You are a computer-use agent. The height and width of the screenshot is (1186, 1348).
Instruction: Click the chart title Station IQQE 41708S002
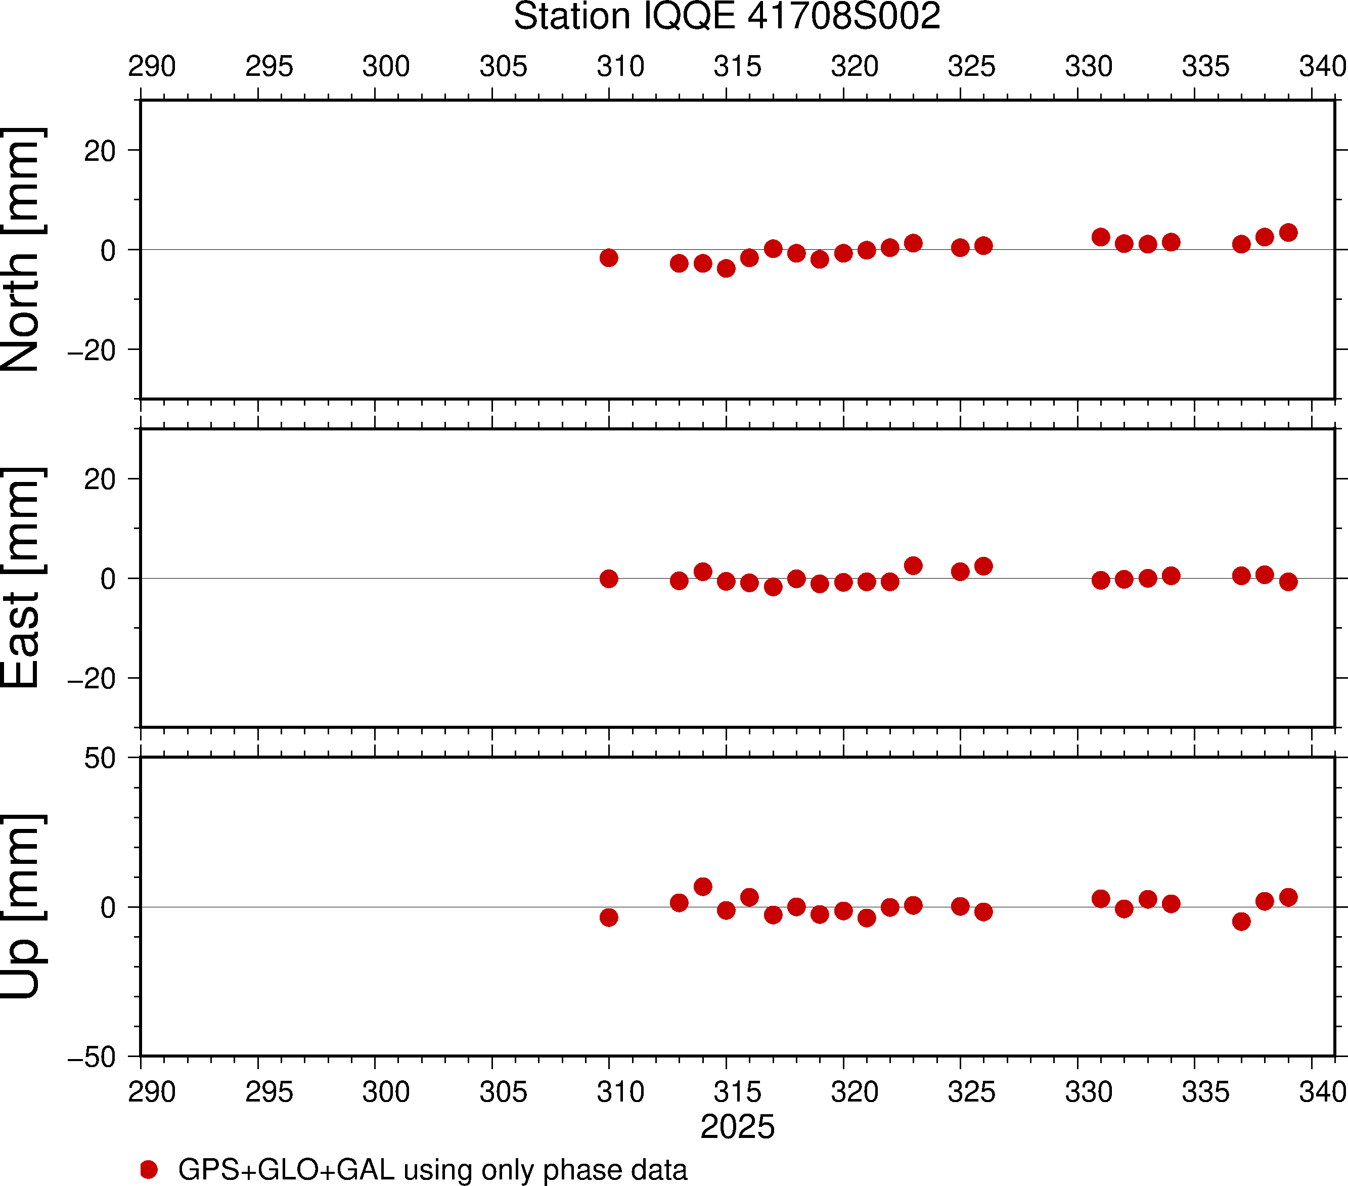(727, 17)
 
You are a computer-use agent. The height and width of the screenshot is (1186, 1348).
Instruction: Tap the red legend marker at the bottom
(149, 1169)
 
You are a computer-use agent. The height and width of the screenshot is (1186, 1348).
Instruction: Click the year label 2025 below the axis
(737, 1127)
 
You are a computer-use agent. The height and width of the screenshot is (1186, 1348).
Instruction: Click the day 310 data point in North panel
(609, 258)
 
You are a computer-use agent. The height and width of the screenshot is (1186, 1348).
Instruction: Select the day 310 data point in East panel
(609, 579)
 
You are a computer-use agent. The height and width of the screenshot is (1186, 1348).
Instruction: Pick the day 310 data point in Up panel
(609, 917)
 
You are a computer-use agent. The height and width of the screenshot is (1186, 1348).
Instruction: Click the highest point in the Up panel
(703, 887)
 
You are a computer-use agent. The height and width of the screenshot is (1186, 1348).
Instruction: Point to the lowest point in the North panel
(726, 269)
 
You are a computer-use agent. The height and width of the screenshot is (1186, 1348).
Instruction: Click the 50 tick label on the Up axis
(100, 759)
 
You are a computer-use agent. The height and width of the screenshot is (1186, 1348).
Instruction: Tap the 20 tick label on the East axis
(100, 479)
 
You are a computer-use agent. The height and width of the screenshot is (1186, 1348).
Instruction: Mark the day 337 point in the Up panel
(1241, 921)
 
